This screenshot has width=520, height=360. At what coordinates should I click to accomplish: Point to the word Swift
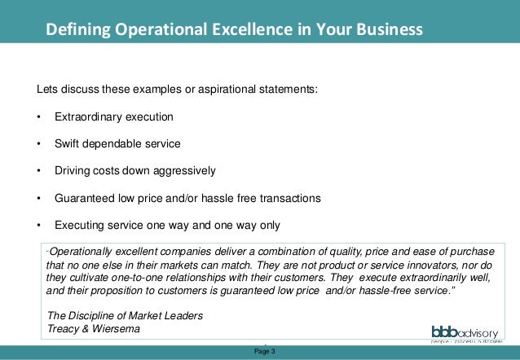(68, 144)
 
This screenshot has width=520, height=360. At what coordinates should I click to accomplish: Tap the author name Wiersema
(114, 329)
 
